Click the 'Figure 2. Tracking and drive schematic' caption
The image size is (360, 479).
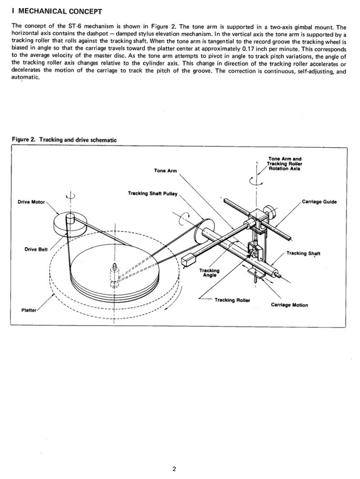click(63, 140)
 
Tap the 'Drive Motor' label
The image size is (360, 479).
click(31, 202)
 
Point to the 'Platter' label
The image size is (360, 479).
click(29, 310)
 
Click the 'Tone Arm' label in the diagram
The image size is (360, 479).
click(165, 171)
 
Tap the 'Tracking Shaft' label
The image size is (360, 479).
click(303, 253)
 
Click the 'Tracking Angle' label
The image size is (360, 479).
click(209, 273)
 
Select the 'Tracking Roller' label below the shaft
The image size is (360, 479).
click(232, 300)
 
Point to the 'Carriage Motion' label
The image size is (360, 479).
click(289, 305)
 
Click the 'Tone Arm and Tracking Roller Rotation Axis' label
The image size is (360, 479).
click(284, 164)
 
